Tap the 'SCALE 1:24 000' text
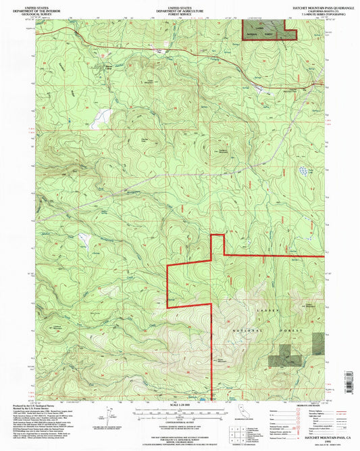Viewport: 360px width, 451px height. [180, 405]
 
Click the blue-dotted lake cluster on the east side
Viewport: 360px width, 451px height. [302, 172]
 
